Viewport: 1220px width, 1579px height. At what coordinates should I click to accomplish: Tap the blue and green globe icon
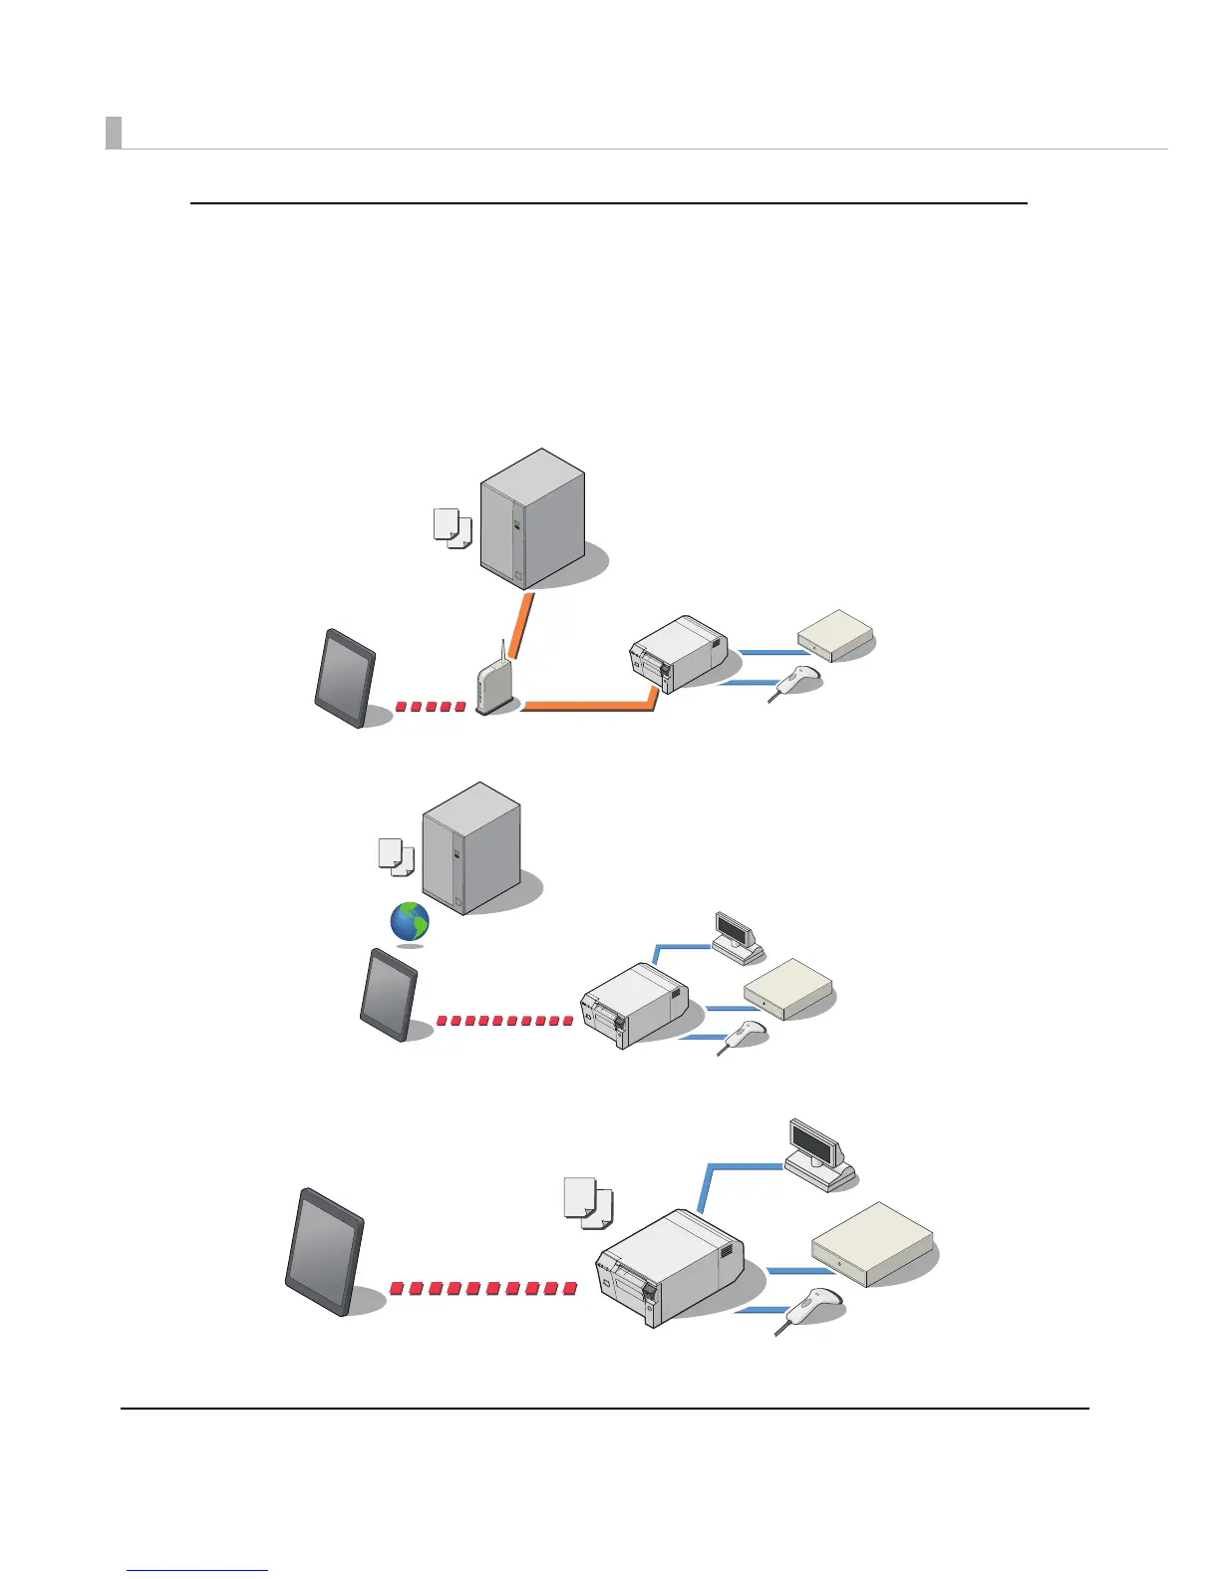pyautogui.click(x=410, y=922)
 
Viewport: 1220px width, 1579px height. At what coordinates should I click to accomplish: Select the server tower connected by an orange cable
pyautogui.click(x=532, y=518)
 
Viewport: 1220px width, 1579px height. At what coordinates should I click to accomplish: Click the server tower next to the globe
pyautogui.click(x=471, y=848)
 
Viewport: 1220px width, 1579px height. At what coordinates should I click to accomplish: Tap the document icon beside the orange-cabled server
pyautogui.click(x=452, y=527)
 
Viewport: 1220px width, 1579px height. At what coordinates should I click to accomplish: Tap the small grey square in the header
pyautogui.click(x=114, y=133)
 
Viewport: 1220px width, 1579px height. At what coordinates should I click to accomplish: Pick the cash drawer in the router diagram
pyautogui.click(x=835, y=634)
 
